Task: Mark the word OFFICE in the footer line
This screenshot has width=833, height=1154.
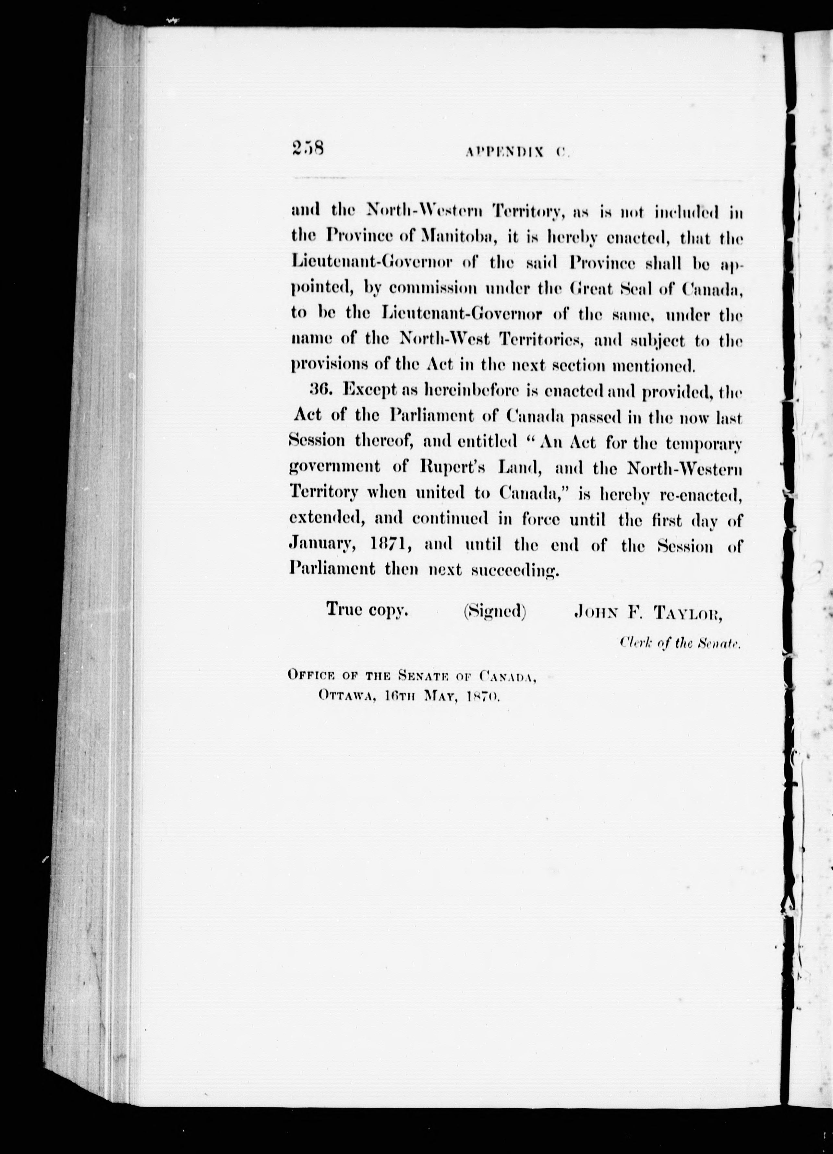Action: tap(311, 676)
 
